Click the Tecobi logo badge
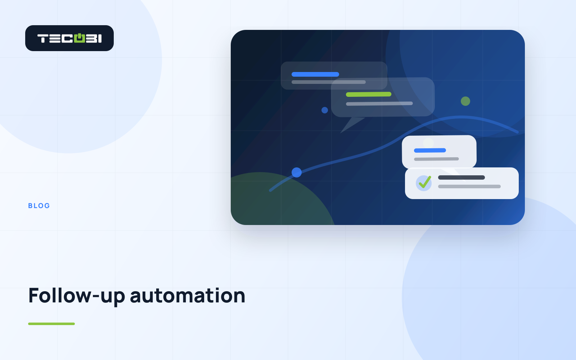coord(69,38)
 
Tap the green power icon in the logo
coord(80,38)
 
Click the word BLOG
coord(39,206)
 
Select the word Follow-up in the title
coord(77,296)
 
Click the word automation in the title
coord(188,296)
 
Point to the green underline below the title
coord(51,324)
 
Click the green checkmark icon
coord(425,182)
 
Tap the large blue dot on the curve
coord(297,172)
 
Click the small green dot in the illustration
coord(465,101)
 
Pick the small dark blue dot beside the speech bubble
coord(325,110)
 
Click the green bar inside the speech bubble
coord(369,94)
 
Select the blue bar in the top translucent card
coord(315,74)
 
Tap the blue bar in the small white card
coord(430,150)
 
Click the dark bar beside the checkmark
coord(461,177)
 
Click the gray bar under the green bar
coord(379,104)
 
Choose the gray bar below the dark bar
coord(469,186)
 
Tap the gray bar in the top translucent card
coord(329,82)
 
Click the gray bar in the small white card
coord(436,159)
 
